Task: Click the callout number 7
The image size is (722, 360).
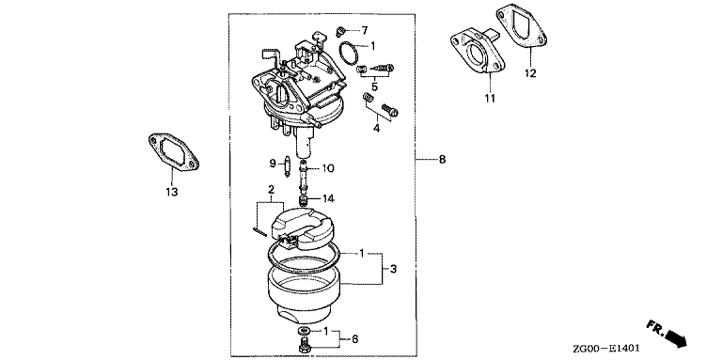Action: (364, 31)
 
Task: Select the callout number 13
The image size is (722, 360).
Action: (172, 192)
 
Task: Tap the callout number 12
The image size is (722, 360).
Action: (530, 73)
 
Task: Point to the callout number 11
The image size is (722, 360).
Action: (490, 98)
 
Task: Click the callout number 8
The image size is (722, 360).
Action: (442, 160)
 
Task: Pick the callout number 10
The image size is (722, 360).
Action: (328, 168)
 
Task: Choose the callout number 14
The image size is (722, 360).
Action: (329, 199)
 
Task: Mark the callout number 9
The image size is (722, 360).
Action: (272, 163)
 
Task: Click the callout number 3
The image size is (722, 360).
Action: (393, 269)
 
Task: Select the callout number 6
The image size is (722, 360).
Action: (354, 339)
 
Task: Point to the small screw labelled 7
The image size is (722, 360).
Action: (340, 31)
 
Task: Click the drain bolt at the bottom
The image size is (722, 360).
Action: (305, 345)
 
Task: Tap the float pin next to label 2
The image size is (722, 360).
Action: (261, 231)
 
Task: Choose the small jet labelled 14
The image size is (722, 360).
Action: (304, 201)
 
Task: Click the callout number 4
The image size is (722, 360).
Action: (376, 129)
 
